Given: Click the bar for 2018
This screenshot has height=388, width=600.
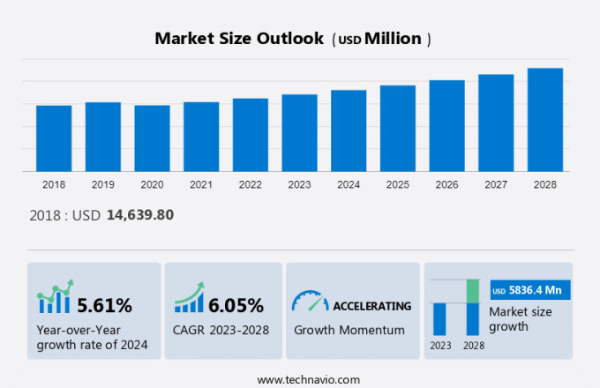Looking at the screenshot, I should click(54, 138).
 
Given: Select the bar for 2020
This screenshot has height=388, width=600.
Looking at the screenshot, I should click(152, 138).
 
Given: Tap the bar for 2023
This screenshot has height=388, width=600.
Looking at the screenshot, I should click(299, 133).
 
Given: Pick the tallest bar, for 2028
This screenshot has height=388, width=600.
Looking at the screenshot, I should click(545, 120).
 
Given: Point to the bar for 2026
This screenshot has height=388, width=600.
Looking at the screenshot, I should click(446, 126).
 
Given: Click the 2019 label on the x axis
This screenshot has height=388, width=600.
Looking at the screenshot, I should click(102, 185).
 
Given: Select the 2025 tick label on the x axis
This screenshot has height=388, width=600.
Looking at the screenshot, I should click(397, 185).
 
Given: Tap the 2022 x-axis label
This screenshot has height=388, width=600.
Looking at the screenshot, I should click(250, 185).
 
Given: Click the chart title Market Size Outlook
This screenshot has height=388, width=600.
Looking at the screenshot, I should click(241, 39).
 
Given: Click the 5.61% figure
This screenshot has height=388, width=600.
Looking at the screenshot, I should click(104, 306).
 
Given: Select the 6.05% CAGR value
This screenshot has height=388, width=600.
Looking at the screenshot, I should click(236, 306).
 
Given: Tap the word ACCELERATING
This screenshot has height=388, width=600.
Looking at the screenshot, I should click(371, 306).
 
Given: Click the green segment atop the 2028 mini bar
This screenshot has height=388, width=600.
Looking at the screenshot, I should click(473, 291).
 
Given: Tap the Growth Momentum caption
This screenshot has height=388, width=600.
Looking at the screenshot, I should click(349, 330).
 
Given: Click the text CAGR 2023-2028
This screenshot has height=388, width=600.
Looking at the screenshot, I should click(221, 330).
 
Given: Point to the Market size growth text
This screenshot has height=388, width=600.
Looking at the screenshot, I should click(521, 318).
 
